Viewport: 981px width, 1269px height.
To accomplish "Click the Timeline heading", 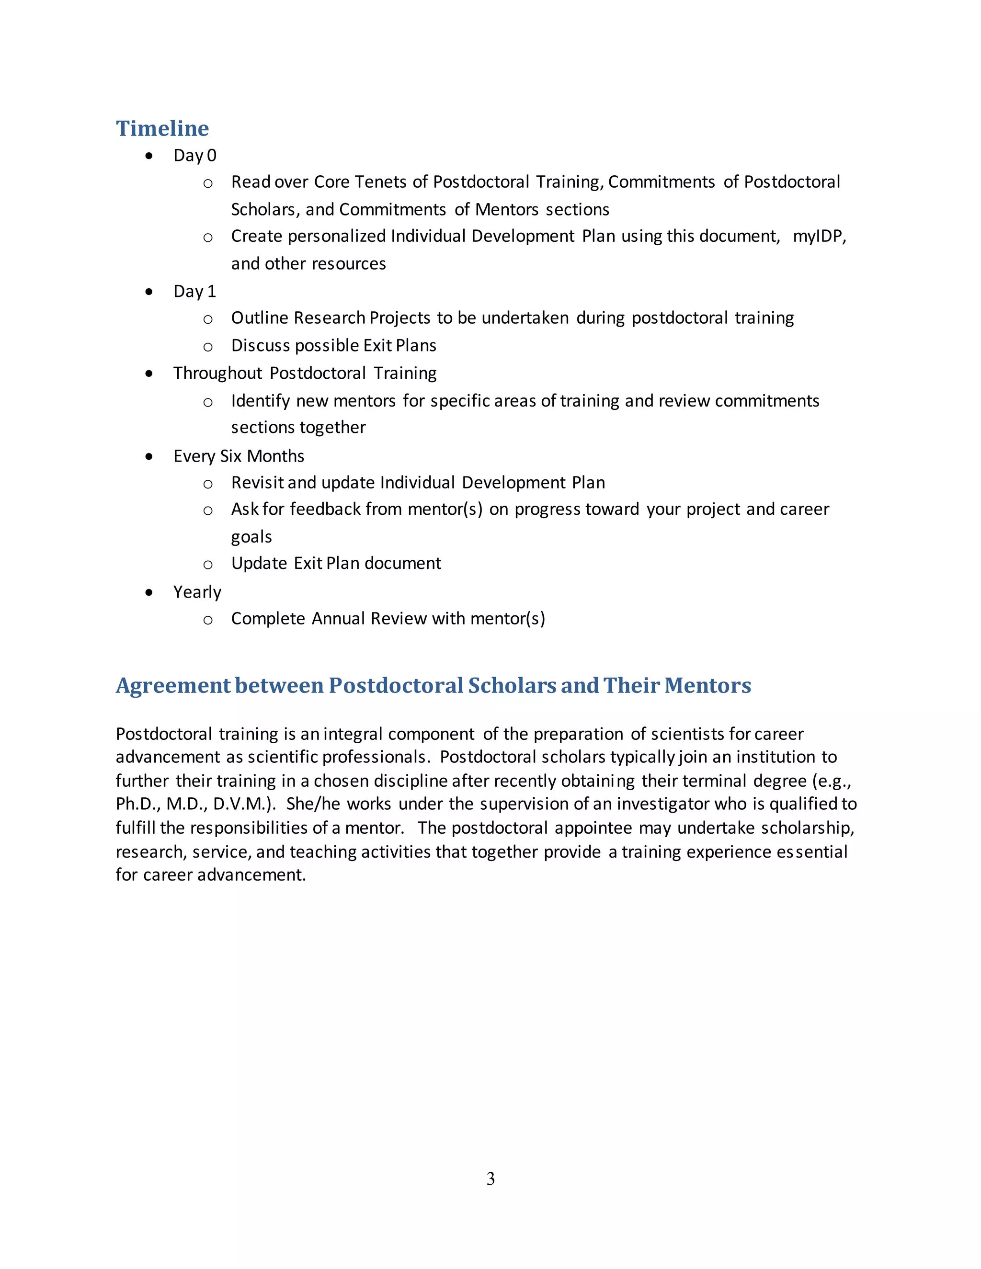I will (162, 128).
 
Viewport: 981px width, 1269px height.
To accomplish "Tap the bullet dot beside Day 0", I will (149, 156).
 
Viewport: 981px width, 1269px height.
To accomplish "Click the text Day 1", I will (194, 292).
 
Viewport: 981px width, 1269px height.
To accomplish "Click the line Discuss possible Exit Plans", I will (333, 346).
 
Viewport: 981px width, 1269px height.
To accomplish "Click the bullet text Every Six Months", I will (239, 456).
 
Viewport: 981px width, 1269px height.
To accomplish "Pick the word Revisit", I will (257, 483).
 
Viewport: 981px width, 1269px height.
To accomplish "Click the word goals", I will (251, 537).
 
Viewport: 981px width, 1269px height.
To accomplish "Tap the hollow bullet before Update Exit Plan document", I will (208, 565).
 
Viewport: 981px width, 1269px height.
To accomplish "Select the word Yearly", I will (198, 592).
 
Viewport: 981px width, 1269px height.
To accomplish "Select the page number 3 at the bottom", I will (490, 1178).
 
